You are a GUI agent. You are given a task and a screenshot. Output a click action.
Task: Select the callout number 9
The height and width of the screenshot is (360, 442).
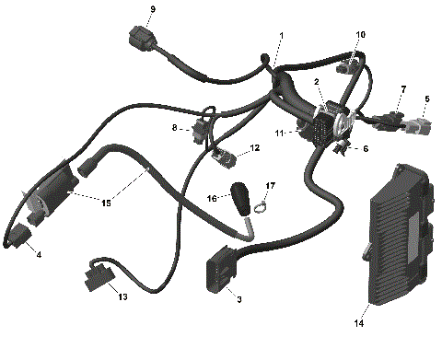click(x=153, y=9)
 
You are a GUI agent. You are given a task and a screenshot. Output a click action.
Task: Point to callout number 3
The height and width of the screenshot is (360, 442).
click(x=240, y=298)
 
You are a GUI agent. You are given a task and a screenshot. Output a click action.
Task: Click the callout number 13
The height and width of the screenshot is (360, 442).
click(x=123, y=297)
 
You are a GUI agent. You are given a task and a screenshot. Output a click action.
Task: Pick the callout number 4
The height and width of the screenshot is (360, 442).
click(x=39, y=254)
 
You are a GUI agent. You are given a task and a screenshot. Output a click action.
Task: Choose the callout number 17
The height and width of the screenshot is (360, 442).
click(x=270, y=187)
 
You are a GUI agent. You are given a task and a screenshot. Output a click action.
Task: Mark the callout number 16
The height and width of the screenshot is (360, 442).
click(x=210, y=198)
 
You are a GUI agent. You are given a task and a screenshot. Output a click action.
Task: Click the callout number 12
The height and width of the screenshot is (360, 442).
click(x=255, y=147)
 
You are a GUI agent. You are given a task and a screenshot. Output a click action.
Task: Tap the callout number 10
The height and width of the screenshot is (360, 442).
click(x=360, y=35)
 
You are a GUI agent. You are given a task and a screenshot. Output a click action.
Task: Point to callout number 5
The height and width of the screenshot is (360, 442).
click(x=426, y=99)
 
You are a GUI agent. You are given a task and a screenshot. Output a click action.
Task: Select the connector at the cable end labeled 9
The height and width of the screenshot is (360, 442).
click(x=136, y=40)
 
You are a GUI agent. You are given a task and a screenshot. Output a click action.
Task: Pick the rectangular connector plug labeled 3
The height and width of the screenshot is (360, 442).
click(x=220, y=273)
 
